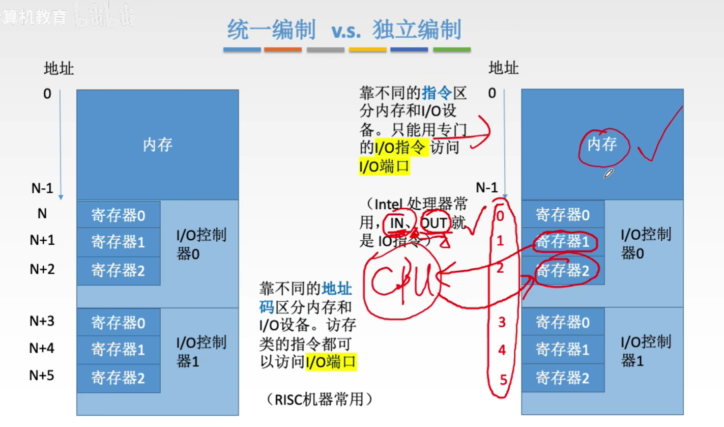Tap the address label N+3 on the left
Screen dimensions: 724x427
click(x=42, y=321)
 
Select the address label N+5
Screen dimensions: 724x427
click(x=42, y=376)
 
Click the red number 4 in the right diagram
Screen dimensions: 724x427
click(x=502, y=350)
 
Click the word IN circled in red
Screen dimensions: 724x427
click(x=397, y=222)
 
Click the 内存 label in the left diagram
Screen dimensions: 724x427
click(x=157, y=145)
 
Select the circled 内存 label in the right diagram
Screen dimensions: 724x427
click(x=602, y=145)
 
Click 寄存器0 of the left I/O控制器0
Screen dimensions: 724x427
click(x=118, y=216)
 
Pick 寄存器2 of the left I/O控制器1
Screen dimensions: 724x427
click(x=118, y=378)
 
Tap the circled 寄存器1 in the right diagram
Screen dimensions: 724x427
click(x=562, y=242)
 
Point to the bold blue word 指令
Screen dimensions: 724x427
click(x=437, y=93)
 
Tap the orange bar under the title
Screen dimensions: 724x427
click(x=283, y=50)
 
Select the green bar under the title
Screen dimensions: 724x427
click(x=451, y=50)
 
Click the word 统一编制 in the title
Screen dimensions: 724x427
click(x=271, y=29)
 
